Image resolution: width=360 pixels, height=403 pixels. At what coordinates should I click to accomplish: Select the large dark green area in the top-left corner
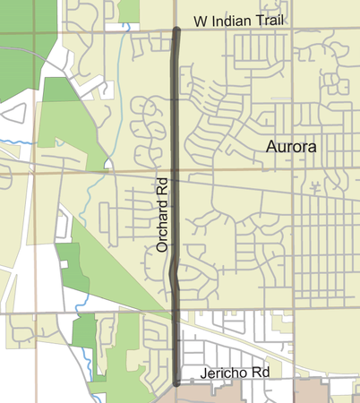(18, 63)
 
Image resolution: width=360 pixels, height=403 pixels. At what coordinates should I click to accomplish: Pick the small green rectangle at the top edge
(130, 10)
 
